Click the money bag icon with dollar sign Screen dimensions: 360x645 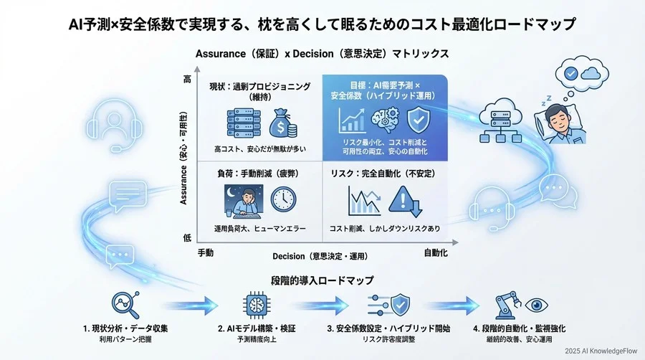[x=283, y=123]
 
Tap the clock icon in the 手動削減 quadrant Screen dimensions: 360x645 [x=284, y=199]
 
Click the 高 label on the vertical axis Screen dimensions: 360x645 [x=187, y=80]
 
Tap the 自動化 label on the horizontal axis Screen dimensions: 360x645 [x=437, y=253]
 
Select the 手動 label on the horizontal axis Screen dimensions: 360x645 [x=206, y=253]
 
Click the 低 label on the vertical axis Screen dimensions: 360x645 [x=187, y=237]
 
